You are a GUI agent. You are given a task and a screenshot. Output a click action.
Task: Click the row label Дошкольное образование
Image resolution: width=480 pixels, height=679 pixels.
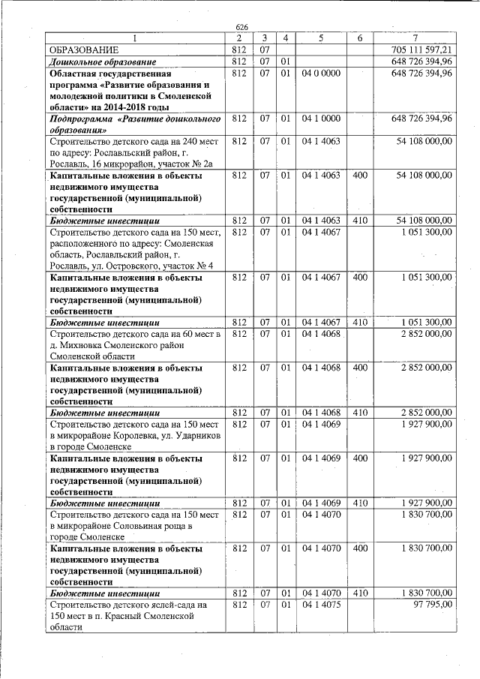coord(102,61)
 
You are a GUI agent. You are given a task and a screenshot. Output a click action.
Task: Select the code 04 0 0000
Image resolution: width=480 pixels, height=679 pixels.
coord(321,74)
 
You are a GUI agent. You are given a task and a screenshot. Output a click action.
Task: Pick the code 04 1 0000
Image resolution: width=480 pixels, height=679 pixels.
coord(321,119)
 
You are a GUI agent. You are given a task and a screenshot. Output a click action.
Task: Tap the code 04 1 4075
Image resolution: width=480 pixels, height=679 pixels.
coord(321,604)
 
